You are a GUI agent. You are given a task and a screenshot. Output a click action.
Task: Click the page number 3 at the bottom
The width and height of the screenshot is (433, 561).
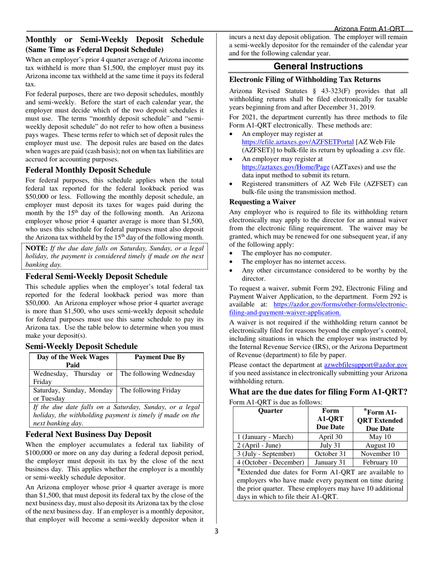(216, 530)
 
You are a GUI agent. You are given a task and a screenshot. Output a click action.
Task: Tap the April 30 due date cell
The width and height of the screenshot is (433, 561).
(330, 436)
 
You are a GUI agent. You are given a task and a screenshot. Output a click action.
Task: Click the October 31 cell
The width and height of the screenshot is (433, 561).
(330, 454)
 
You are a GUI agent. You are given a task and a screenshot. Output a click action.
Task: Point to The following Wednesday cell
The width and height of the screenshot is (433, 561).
(157, 374)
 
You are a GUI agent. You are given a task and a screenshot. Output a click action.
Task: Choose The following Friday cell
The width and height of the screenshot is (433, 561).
(150, 390)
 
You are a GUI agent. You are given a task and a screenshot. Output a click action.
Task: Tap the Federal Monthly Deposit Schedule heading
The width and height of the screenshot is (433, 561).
(88, 170)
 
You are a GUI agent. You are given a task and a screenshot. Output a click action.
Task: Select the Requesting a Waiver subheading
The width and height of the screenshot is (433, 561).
(263, 202)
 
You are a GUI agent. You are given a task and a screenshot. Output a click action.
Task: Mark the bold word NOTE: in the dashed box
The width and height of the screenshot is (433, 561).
(36, 248)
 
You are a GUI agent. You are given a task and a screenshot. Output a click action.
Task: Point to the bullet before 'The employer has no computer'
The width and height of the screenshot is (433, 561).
(232, 253)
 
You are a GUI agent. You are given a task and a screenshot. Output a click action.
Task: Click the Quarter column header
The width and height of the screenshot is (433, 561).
(270, 410)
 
